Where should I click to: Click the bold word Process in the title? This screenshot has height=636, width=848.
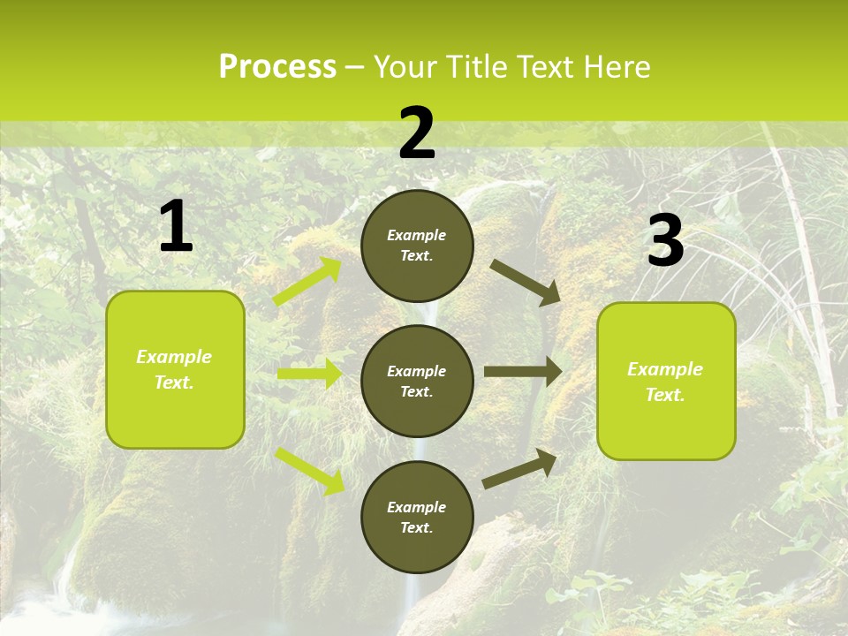point(277,67)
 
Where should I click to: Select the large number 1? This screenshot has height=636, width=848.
point(176,227)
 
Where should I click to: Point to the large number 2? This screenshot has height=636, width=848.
point(417,134)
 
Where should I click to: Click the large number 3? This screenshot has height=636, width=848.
point(665,242)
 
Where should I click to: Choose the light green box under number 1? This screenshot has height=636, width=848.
point(175,369)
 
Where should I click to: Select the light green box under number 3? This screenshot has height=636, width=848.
point(666,381)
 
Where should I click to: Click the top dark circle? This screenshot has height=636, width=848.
point(417,246)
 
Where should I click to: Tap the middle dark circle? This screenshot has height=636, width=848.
point(417,381)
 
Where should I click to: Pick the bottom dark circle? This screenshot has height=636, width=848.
point(417,517)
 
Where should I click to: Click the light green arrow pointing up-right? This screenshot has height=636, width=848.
point(307,282)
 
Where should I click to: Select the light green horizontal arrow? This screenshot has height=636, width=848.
point(309,374)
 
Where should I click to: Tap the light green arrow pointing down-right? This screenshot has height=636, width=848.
point(309,471)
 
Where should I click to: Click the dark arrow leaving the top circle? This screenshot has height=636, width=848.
point(526,282)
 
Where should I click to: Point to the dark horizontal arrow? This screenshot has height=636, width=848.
point(522,372)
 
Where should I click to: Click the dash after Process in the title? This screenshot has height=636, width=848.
point(355,67)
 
